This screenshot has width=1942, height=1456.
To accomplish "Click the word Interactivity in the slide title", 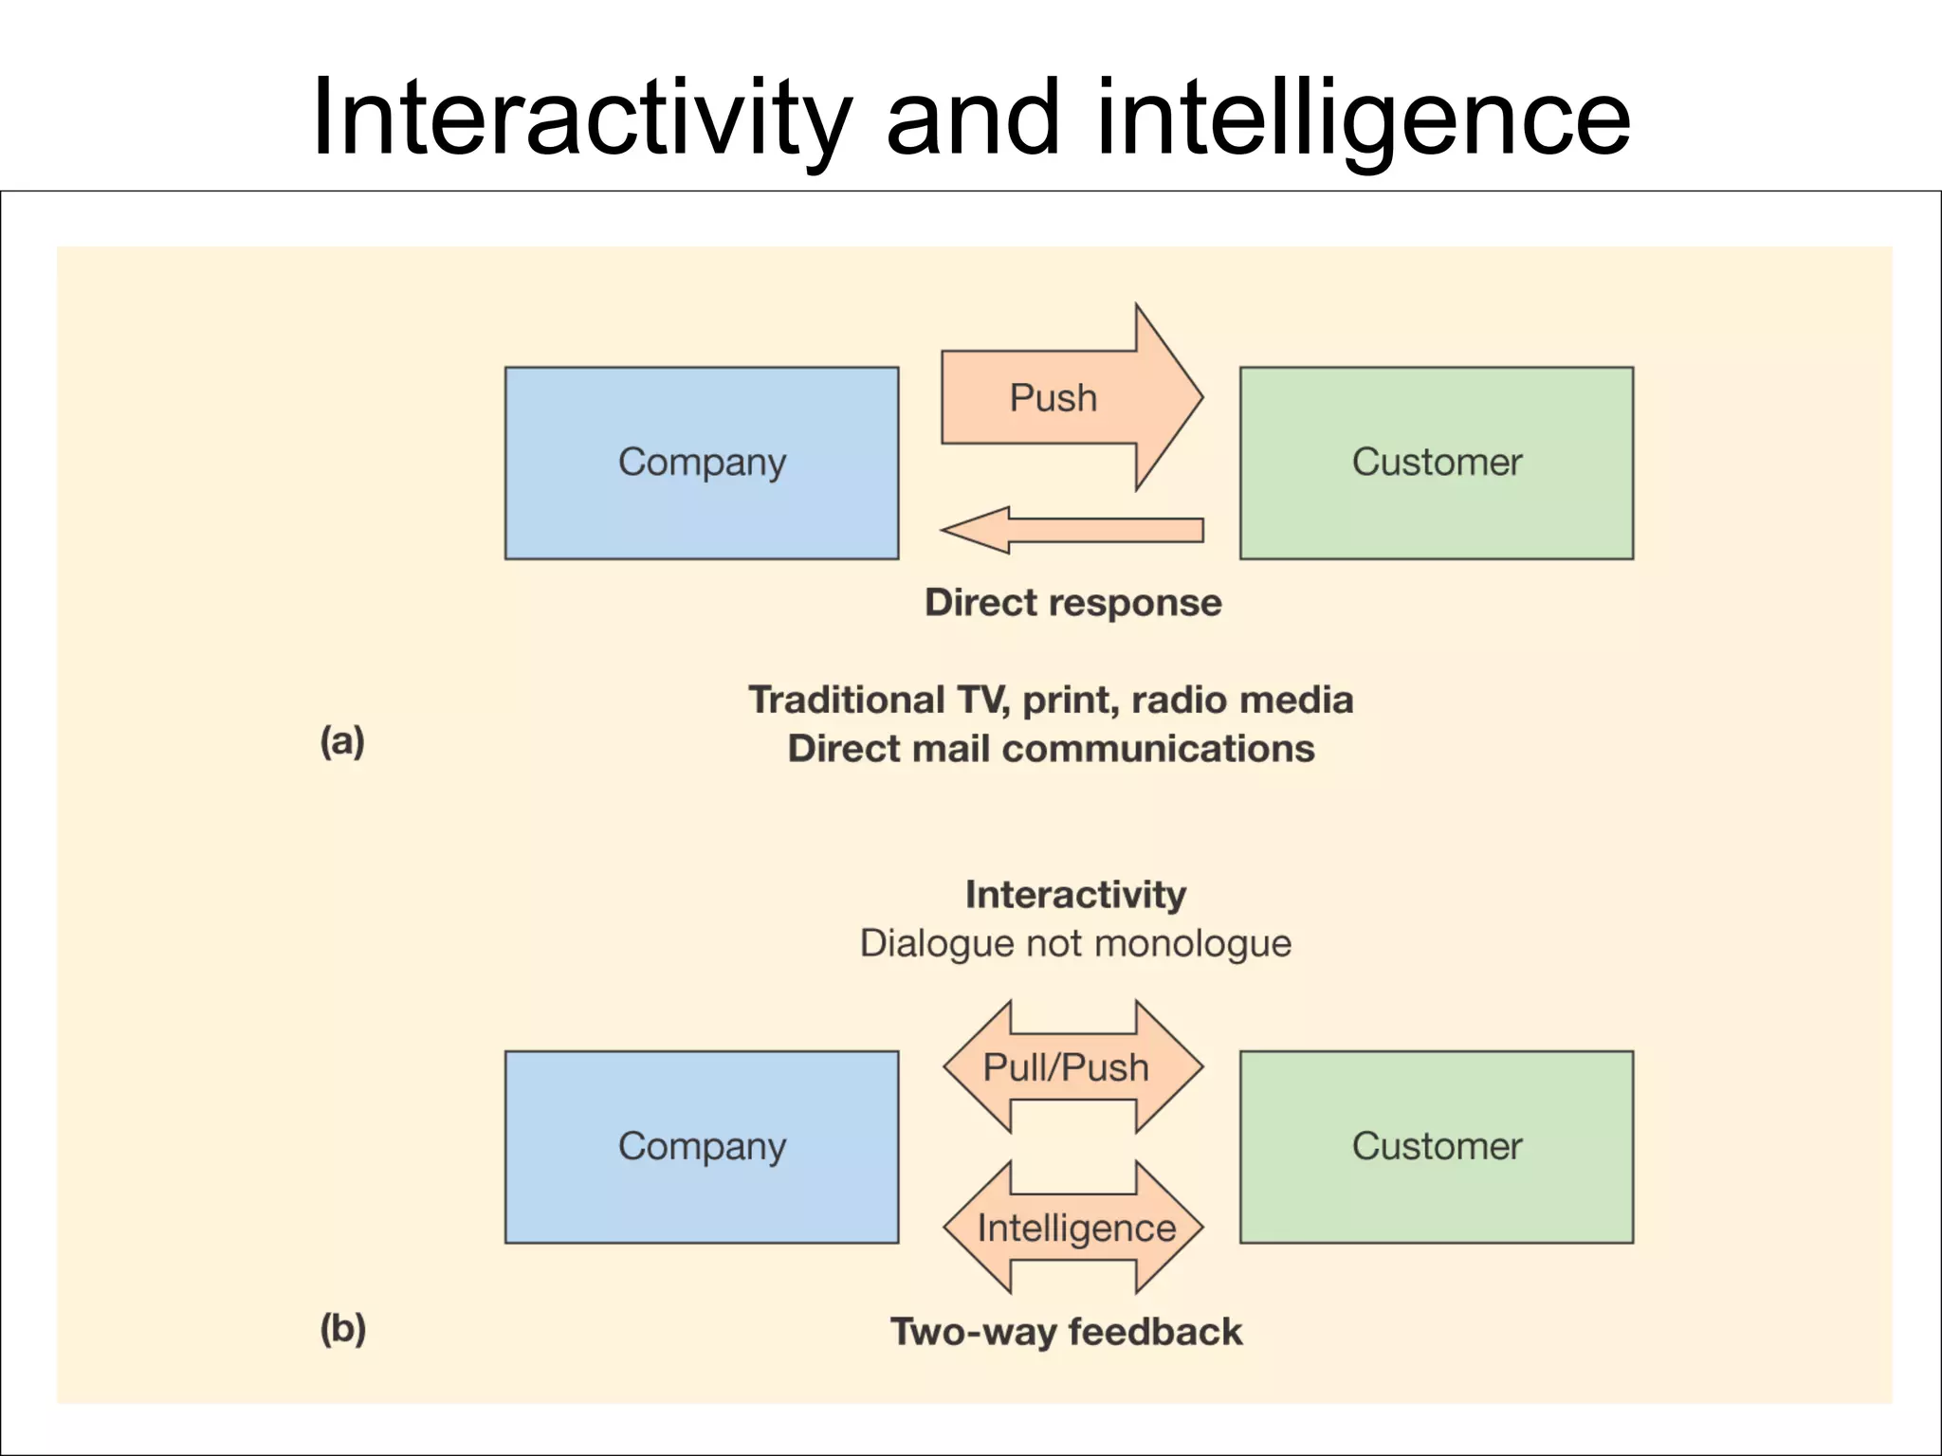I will (x=580, y=118).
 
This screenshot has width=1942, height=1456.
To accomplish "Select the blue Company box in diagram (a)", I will (x=702, y=463).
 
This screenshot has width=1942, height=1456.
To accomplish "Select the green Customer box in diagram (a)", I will (x=1436, y=463).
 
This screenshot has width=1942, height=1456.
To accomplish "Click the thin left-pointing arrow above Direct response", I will (x=1072, y=530).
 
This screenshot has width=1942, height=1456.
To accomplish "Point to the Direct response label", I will (x=1072, y=603).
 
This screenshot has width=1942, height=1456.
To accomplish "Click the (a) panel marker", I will (x=342, y=741).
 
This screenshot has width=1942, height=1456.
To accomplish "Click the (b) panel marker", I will (x=342, y=1329).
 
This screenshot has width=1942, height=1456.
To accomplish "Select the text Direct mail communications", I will (x=1051, y=749).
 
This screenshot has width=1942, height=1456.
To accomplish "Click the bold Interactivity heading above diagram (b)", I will (x=1075, y=895).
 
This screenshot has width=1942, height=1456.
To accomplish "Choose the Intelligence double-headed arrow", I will (x=1074, y=1228).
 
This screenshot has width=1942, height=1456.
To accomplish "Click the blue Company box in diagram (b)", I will (x=702, y=1146).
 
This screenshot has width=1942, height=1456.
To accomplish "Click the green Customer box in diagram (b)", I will (x=1436, y=1146).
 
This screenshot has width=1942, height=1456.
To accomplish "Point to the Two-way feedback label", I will (x=1066, y=1332).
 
